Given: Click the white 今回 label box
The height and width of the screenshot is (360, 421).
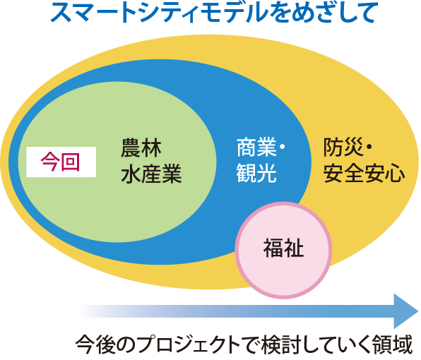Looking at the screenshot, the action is tap(61, 162).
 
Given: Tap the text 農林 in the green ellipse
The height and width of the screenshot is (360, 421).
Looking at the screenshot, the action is tap(141, 148).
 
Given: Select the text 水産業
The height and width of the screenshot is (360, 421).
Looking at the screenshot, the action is tap(151, 174).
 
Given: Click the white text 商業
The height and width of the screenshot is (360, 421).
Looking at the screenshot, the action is tap(256, 148).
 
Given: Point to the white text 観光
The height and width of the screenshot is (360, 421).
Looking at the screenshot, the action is tap(256, 173).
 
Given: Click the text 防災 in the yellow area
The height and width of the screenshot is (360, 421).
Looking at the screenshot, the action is tap(343, 147).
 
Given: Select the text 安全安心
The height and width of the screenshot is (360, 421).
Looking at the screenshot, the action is tap(364, 173).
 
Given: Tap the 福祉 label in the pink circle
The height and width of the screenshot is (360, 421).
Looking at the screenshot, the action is tap(283, 248).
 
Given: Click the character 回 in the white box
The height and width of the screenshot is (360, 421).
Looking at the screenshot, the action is tap(71, 162).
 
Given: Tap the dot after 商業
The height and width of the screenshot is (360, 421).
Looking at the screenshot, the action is tap(282, 148).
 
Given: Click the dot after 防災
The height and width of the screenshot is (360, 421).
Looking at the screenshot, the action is tap(369, 148).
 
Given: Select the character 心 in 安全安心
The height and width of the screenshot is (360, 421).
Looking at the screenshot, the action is tap(395, 173).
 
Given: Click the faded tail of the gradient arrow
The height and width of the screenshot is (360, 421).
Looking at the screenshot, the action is tap(88, 311).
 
